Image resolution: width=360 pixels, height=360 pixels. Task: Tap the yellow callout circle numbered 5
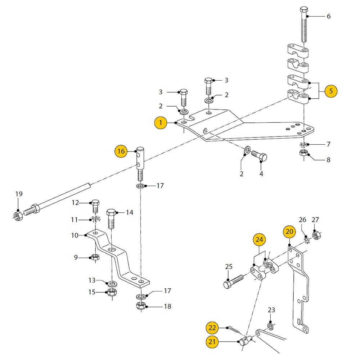pos(331,91)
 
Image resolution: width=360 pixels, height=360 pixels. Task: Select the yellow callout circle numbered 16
pos(121,152)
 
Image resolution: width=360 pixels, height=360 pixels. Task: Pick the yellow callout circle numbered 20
pos(289,232)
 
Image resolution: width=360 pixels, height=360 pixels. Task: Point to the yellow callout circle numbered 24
pos(259,239)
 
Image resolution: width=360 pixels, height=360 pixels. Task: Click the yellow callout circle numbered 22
pos(212,327)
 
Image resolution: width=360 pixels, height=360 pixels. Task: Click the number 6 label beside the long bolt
pos(328,16)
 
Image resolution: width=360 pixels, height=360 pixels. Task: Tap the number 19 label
pos(19,194)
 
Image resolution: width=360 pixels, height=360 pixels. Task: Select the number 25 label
pos(229,267)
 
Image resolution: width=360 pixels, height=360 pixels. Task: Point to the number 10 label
pos(75,235)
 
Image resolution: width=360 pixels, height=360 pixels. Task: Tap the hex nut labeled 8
pos(303,154)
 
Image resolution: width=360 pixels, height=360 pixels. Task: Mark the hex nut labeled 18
pos(141,306)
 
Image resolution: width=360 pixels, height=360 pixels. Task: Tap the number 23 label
pos(271,310)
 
